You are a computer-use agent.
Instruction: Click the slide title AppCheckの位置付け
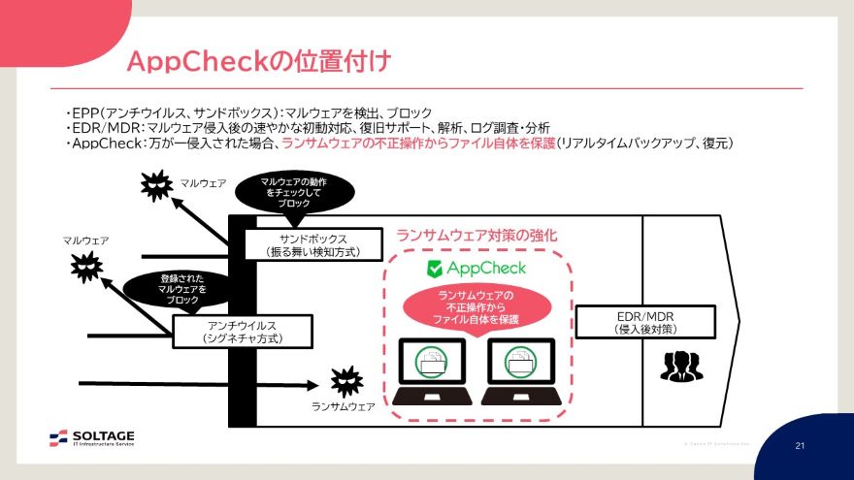(259, 62)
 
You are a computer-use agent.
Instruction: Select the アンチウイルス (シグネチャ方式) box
(244, 332)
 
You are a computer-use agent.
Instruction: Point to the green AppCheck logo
(476, 269)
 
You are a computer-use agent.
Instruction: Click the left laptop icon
(433, 371)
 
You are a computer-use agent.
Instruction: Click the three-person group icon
(682, 365)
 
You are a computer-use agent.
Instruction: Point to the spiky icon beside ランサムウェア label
(345, 378)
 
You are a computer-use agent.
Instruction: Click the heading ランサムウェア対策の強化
(476, 236)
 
